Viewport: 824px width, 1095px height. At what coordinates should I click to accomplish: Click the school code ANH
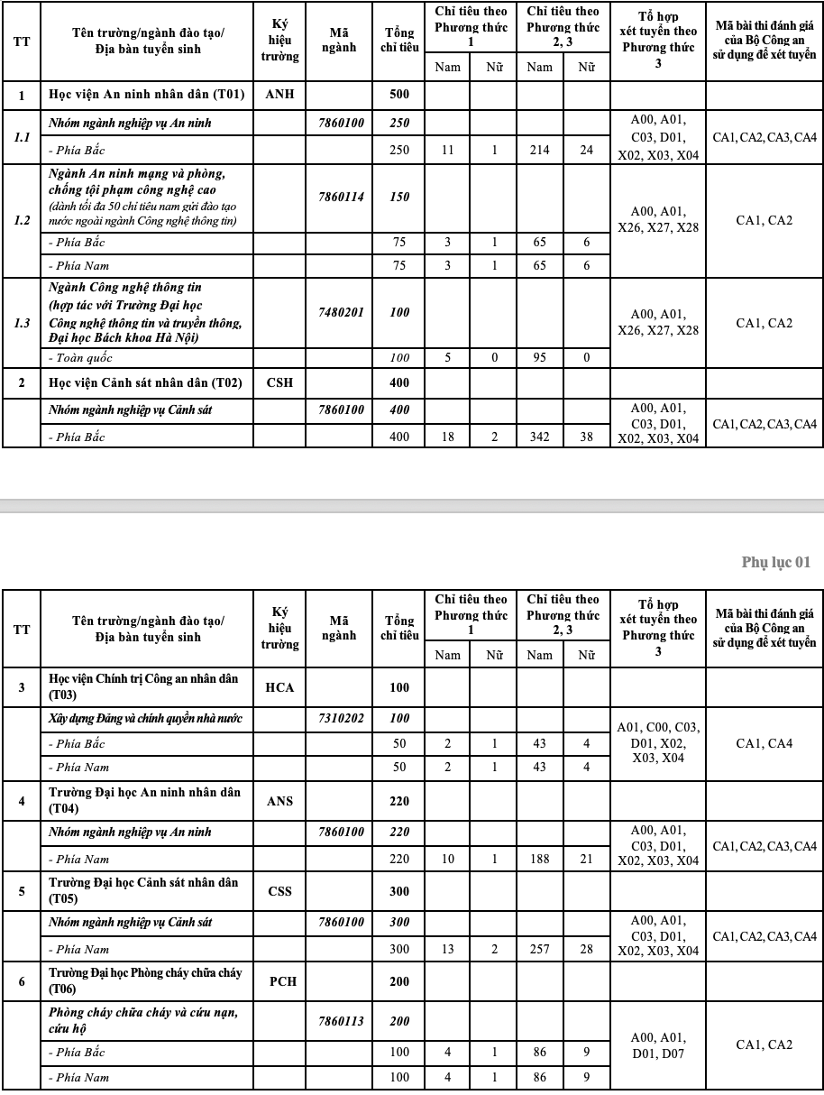pyautogui.click(x=279, y=95)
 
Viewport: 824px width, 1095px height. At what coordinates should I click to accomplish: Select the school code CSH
pyautogui.click(x=279, y=382)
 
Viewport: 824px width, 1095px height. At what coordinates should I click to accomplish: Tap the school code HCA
pyautogui.click(x=279, y=687)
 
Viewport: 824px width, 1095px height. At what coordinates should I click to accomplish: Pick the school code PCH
pyautogui.click(x=279, y=982)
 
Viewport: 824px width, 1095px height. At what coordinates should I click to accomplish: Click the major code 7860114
pyautogui.click(x=341, y=197)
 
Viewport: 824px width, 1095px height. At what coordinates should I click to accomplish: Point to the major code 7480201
pyautogui.click(x=341, y=312)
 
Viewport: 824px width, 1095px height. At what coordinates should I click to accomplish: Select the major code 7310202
pyautogui.click(x=341, y=719)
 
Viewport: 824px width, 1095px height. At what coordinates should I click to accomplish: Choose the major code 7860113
pyautogui.click(x=341, y=1021)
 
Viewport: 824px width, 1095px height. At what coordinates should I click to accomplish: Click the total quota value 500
pyautogui.click(x=399, y=95)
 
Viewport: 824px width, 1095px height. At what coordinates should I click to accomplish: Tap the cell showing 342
pyautogui.click(x=539, y=437)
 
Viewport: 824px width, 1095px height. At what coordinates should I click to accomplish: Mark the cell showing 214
pyautogui.click(x=539, y=151)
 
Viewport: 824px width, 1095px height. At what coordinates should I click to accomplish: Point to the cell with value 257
pyautogui.click(x=539, y=950)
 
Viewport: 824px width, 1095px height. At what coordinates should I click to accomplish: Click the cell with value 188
pyautogui.click(x=539, y=860)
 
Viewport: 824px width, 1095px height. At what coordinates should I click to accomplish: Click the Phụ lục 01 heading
pyautogui.click(x=775, y=562)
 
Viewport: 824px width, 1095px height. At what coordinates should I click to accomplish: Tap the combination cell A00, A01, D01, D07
pyautogui.click(x=657, y=1044)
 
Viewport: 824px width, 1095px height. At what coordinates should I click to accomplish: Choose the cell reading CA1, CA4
pyautogui.click(x=764, y=743)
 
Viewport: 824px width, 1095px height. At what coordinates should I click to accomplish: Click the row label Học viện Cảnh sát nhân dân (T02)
pyautogui.click(x=145, y=382)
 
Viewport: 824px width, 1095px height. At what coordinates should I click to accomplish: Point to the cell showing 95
pyautogui.click(x=539, y=358)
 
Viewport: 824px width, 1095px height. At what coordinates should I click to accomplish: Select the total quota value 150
pyautogui.click(x=399, y=197)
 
